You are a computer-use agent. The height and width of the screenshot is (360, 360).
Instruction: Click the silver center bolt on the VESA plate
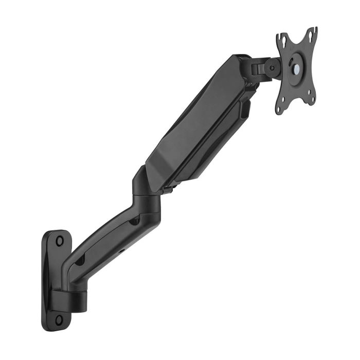296,66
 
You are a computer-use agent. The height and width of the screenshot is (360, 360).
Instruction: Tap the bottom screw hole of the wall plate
59,319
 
